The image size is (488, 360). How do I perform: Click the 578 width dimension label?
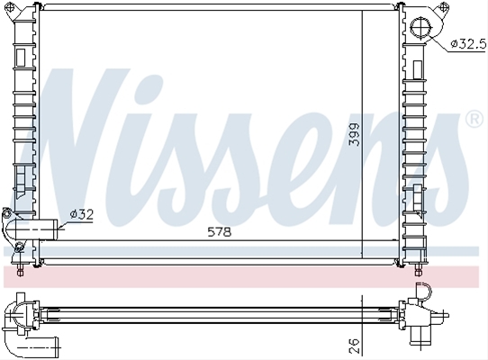point(220,232)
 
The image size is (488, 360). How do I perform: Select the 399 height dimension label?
point(355,134)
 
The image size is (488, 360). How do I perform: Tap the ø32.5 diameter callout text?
point(469,44)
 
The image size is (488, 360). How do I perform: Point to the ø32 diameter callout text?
point(82,214)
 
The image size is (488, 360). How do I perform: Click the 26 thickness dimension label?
point(355,346)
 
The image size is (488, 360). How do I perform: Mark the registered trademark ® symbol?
point(474,119)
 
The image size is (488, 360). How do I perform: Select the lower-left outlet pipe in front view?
point(32,229)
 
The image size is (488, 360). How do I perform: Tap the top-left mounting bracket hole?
point(10,7)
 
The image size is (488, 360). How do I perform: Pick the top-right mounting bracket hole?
point(444,7)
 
